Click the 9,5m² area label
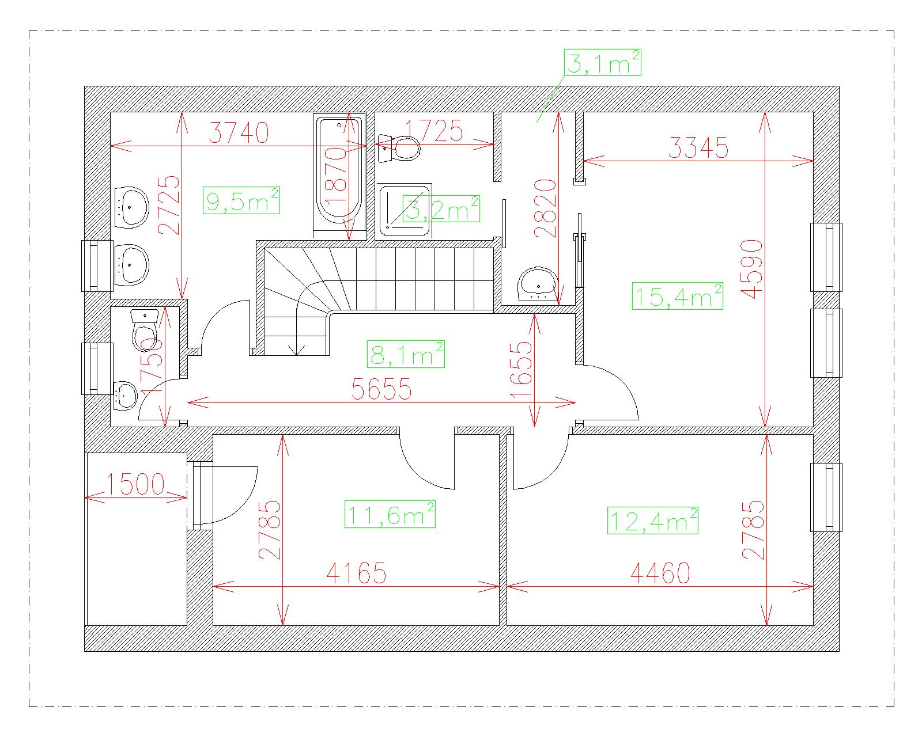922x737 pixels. [x=241, y=200]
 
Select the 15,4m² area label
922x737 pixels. [x=677, y=296]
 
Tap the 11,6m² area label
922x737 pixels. [x=390, y=514]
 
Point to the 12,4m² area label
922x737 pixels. [x=652, y=521]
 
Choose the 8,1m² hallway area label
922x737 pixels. [x=406, y=354]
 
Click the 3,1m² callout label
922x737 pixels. [x=602, y=63]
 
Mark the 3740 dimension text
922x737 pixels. [x=239, y=133]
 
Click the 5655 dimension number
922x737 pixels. [x=381, y=389]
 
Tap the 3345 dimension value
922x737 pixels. [x=698, y=148]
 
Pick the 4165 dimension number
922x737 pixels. [x=356, y=573]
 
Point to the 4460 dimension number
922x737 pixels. [x=660, y=573]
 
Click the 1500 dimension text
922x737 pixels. [x=135, y=484]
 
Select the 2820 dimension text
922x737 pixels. [x=545, y=208]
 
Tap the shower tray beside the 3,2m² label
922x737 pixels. [x=405, y=210]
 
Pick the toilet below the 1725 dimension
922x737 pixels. [x=399, y=148]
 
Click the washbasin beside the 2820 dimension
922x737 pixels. [x=538, y=284]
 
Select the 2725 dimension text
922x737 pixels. [x=169, y=205]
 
